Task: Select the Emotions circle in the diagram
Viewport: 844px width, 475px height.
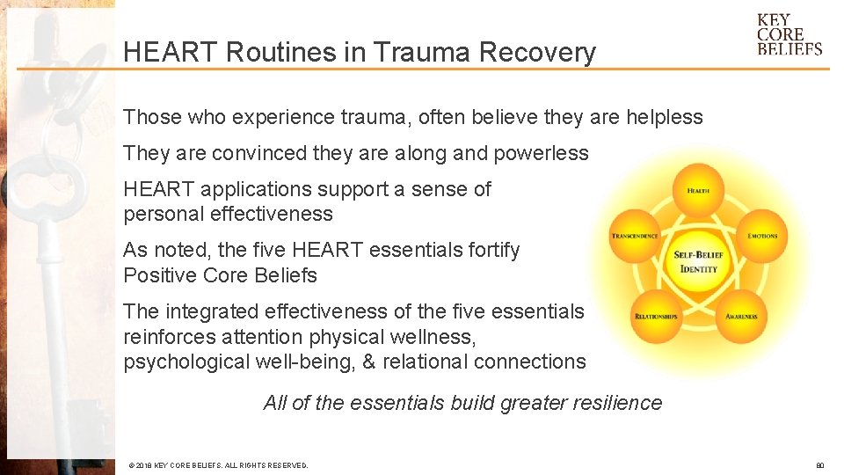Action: point(761,236)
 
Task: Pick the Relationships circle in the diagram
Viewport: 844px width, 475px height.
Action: point(656,316)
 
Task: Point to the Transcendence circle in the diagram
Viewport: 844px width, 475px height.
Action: point(635,236)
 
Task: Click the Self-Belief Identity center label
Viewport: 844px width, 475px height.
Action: point(698,261)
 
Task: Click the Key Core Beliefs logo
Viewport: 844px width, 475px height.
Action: point(789,34)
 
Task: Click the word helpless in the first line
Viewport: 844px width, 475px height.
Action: point(664,117)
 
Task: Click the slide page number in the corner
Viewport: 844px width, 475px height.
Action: point(819,465)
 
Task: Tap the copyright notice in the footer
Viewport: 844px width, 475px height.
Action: point(218,465)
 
